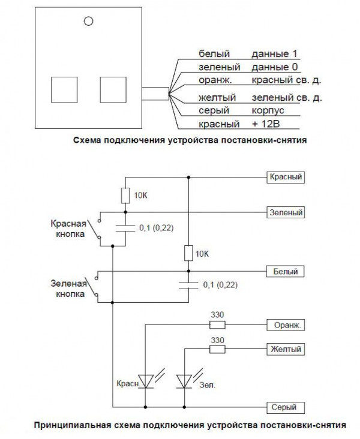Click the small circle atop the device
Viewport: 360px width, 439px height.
pyautogui.click(x=88, y=21)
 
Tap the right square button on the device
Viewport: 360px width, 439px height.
pyautogui.click(x=112, y=91)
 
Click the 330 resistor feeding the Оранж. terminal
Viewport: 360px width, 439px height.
pyautogui.click(x=217, y=324)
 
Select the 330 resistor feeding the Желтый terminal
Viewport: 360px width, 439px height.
pyautogui.click(x=217, y=348)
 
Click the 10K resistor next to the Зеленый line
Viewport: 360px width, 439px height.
pyautogui.click(x=125, y=195)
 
